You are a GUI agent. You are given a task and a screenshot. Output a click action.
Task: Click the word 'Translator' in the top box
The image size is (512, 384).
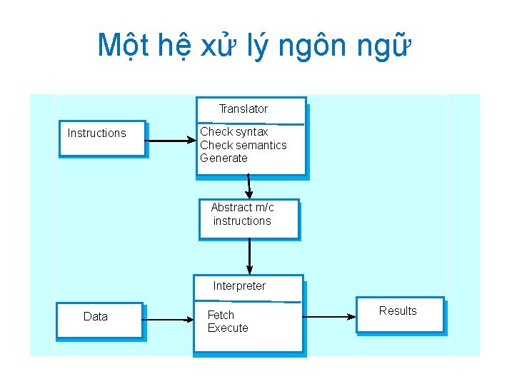243,109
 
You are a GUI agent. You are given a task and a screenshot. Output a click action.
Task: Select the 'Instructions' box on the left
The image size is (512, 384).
101,137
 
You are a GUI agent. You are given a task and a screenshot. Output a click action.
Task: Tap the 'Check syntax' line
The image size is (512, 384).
234,131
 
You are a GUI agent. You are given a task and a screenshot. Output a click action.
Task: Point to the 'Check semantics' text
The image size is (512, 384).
243,145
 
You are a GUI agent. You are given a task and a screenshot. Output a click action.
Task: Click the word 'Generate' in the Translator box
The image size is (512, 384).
224,158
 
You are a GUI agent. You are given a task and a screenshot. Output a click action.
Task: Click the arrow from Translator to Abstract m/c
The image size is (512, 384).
249,186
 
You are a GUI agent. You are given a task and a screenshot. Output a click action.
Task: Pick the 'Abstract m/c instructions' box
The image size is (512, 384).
248,218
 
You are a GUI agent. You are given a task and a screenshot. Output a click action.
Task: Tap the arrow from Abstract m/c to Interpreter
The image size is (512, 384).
249,256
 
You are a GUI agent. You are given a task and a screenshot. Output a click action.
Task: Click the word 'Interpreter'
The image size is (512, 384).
239,286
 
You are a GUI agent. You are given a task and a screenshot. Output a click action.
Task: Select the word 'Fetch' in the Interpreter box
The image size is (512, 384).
221,315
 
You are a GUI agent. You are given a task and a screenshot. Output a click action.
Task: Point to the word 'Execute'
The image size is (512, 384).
228,328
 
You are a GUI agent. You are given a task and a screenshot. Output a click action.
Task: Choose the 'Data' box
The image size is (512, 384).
99,320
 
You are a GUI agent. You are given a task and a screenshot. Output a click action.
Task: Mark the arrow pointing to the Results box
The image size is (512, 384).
329,317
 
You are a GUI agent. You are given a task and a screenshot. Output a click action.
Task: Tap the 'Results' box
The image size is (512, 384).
400,314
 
